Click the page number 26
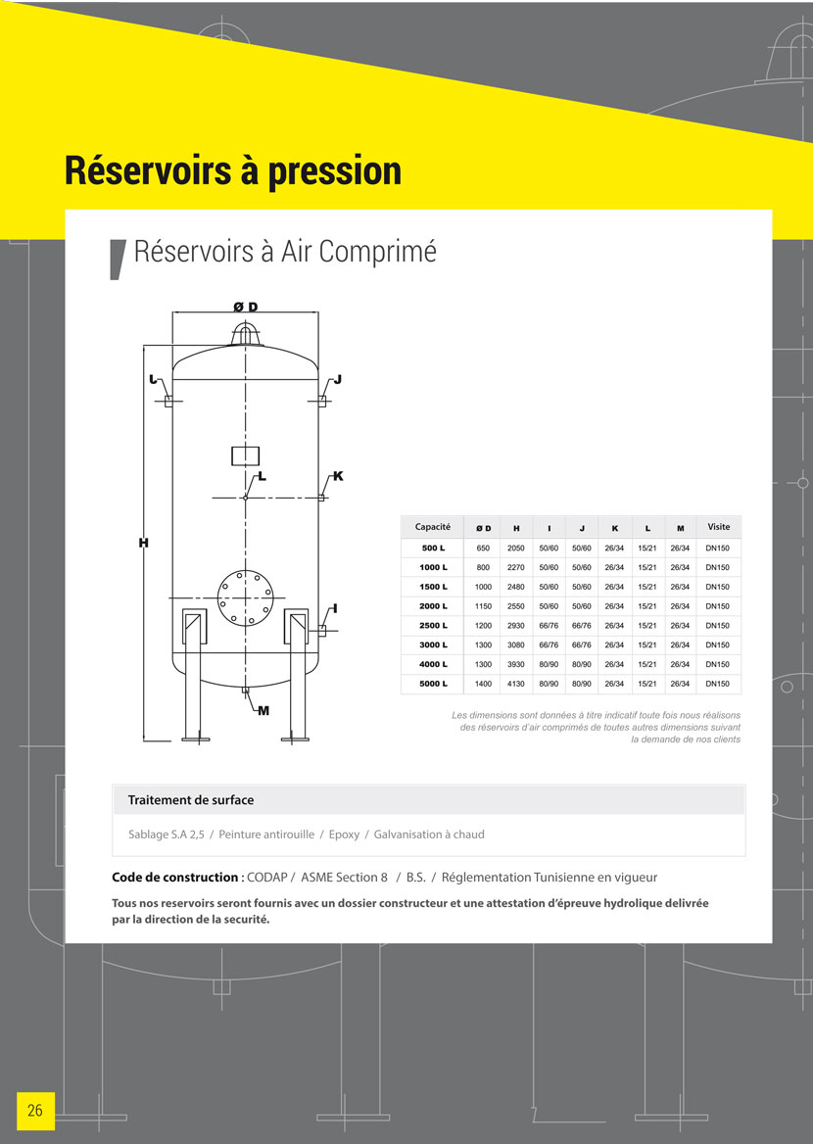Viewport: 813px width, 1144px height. [35, 1111]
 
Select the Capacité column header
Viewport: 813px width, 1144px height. [432, 527]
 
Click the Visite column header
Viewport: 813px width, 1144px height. [718, 527]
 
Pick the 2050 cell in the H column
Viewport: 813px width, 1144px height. [516, 548]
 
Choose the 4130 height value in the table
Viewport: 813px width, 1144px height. [516, 684]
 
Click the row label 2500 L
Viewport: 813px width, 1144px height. [434, 626]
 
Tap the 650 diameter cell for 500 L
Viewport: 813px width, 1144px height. [483, 548]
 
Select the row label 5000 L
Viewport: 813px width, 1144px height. [434, 684]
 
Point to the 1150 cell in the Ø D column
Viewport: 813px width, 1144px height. [483, 606]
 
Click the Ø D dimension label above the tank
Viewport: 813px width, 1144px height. [246, 307]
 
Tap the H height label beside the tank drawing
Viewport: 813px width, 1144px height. [143, 543]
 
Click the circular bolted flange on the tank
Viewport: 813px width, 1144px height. [245, 596]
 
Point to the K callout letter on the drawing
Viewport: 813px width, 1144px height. [338, 476]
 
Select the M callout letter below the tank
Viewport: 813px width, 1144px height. [263, 711]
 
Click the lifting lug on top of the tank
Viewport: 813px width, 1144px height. [245, 334]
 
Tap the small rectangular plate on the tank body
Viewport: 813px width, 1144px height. [245, 455]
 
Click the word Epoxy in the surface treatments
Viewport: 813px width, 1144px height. [344, 834]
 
